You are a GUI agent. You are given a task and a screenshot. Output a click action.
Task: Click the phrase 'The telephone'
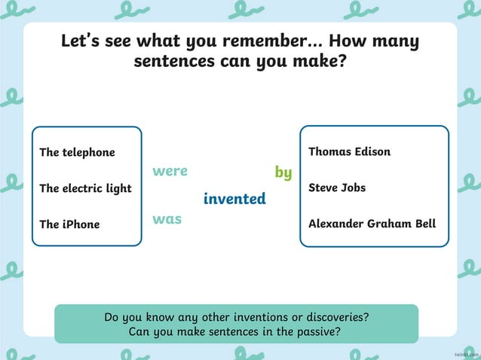pyautogui.click(x=77, y=152)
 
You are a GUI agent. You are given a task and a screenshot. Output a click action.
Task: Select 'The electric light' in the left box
pyautogui.click(x=85, y=188)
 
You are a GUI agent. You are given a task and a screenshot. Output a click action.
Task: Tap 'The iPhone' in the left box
pyautogui.click(x=69, y=224)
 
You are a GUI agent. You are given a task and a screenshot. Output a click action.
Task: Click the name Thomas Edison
pyautogui.click(x=349, y=152)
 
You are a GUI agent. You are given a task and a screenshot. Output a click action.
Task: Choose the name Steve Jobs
pyautogui.click(x=337, y=188)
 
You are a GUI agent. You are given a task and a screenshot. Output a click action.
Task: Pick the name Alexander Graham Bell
pyautogui.click(x=372, y=224)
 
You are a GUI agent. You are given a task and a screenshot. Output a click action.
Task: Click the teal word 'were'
pyautogui.click(x=170, y=171)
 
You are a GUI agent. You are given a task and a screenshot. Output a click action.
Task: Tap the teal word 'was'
pyautogui.click(x=167, y=219)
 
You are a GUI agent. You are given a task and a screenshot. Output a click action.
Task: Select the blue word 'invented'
pyautogui.click(x=234, y=199)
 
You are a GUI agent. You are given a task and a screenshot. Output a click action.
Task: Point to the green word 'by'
pyautogui.click(x=283, y=173)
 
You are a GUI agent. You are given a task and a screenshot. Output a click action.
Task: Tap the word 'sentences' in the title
pyautogui.click(x=175, y=61)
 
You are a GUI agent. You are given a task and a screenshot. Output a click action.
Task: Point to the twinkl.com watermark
pyautogui.click(x=466, y=353)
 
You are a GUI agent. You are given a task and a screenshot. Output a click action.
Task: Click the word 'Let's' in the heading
pyautogui.click(x=82, y=41)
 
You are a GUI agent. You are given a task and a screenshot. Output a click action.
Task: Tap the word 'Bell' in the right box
pyautogui.click(x=423, y=224)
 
